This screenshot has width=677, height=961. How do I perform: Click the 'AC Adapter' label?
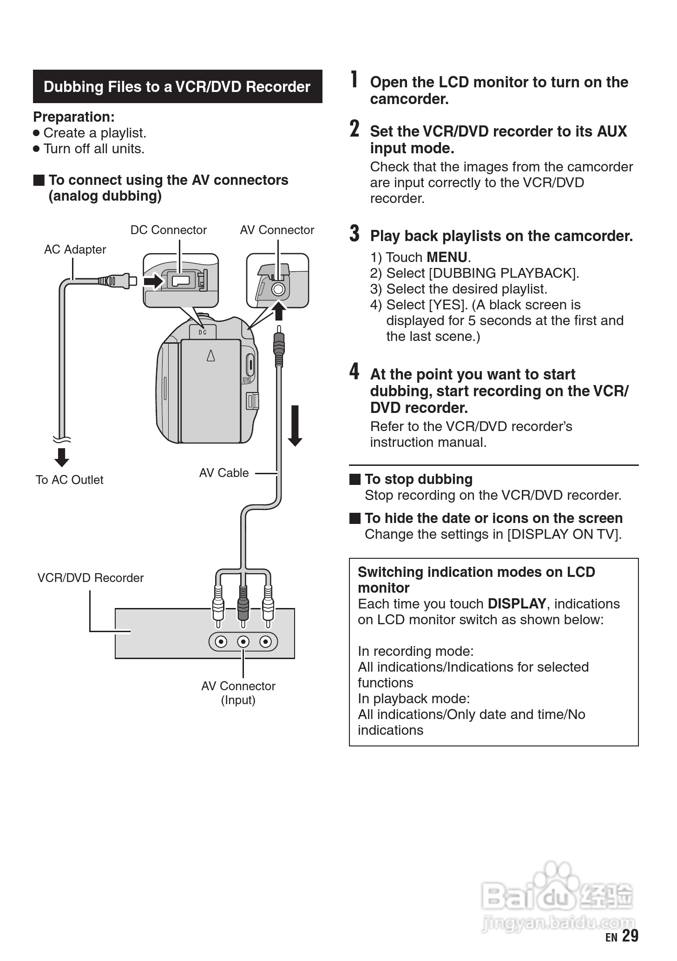click(x=75, y=249)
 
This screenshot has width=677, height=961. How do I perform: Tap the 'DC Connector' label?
click(x=168, y=230)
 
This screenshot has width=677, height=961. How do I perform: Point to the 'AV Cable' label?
click(x=224, y=473)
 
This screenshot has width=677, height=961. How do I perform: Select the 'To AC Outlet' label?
click(x=69, y=480)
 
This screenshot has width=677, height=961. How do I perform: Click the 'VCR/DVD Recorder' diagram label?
click(x=91, y=578)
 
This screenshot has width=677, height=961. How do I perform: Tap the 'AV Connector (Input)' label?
click(x=238, y=693)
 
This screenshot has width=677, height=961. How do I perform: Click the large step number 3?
click(x=355, y=234)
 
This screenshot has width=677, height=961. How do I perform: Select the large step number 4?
click(x=355, y=372)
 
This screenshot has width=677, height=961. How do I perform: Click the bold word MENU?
click(x=447, y=257)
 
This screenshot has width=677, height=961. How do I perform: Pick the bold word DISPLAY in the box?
click(x=517, y=604)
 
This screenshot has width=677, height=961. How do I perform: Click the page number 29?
click(x=630, y=935)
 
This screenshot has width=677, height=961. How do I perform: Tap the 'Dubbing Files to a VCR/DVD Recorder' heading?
click(x=177, y=87)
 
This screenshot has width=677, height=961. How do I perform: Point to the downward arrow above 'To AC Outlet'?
click(x=62, y=457)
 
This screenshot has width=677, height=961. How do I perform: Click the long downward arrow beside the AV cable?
click(x=295, y=425)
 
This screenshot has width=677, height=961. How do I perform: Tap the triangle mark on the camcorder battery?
click(x=211, y=355)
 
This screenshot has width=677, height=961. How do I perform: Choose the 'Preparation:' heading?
click(x=74, y=117)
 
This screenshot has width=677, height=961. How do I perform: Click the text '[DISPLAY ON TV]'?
click(x=564, y=534)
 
